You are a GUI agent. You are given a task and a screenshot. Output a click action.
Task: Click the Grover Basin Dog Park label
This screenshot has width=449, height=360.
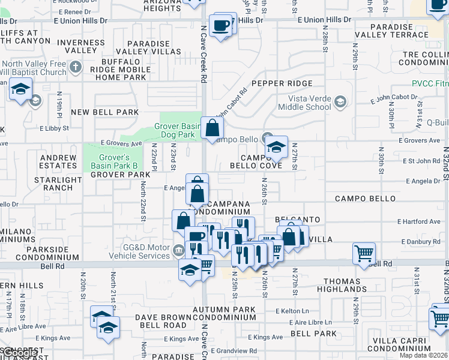click(x=176, y=130)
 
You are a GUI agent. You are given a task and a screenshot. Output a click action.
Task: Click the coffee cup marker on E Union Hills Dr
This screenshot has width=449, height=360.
click(x=221, y=26)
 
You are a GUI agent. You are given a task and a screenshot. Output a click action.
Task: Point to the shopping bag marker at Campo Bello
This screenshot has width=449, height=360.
click(x=212, y=128)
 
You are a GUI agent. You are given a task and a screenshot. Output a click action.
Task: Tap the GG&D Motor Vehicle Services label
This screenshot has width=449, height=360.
click(x=136, y=250)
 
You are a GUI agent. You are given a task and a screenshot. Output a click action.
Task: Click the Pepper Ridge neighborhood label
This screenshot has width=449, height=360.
click(x=282, y=83)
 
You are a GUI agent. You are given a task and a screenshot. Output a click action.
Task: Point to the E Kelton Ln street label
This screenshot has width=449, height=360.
click(x=292, y=311)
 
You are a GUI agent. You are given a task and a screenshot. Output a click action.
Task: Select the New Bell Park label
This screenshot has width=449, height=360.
click(x=104, y=112)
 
